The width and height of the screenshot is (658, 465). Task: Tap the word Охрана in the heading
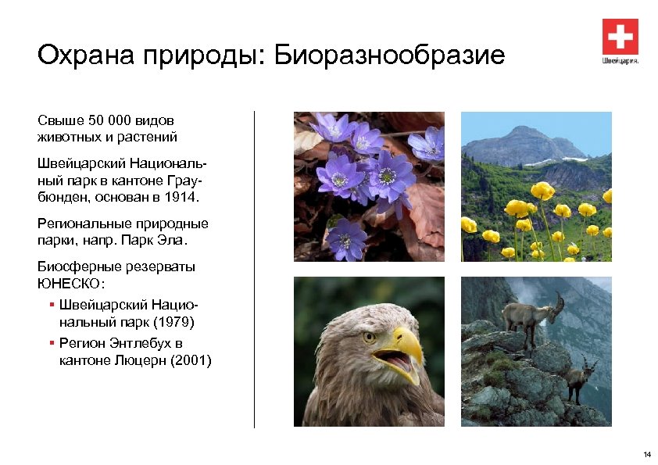click(x=77, y=56)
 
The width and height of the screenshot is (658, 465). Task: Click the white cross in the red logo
click(x=620, y=37)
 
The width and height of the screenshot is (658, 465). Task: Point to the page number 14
click(x=646, y=455)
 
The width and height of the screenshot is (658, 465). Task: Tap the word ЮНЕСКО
click(x=63, y=283)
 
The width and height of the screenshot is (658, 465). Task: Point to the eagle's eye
click(x=369, y=337)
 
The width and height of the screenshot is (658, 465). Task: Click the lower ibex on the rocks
click(x=579, y=377)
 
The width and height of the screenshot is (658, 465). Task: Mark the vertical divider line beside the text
click(x=254, y=269)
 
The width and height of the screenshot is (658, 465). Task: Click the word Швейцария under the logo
click(x=620, y=60)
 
